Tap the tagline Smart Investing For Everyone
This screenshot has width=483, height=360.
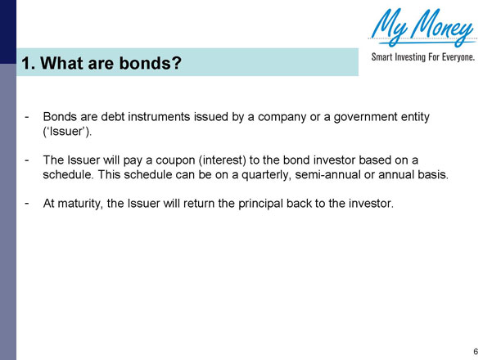(422, 58)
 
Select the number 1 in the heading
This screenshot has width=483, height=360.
(26, 62)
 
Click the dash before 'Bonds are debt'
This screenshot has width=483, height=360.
(28, 117)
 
